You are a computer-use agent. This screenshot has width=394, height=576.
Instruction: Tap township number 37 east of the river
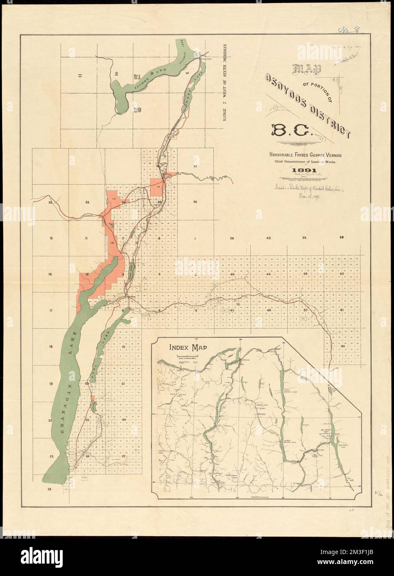pyautogui.click(x=195, y=166)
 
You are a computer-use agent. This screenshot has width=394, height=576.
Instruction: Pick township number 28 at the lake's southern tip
pyautogui.click(x=50, y=489)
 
